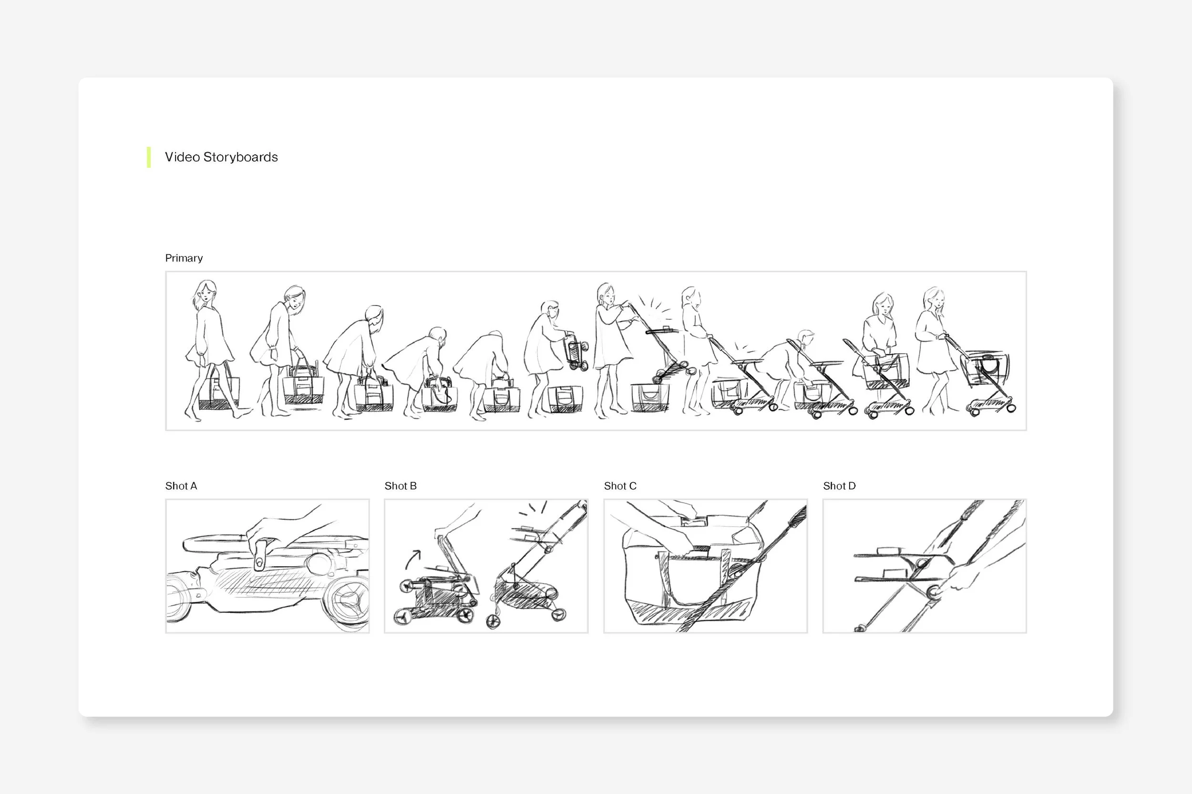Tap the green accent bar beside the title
coord(148,157)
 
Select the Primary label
coord(184,258)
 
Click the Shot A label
coord(181,486)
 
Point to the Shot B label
coord(400,486)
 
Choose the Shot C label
coord(620,486)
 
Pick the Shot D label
coord(839,486)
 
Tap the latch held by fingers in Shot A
coord(260,555)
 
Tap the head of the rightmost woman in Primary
coord(933,301)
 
